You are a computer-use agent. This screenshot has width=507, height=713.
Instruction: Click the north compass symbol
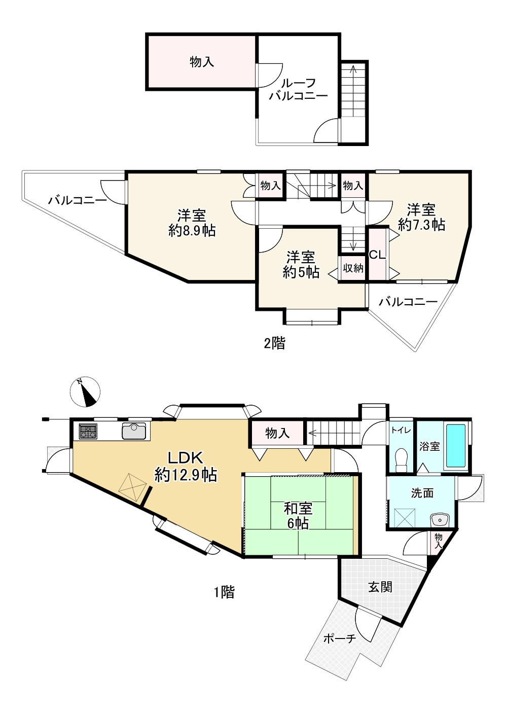tap(85, 392)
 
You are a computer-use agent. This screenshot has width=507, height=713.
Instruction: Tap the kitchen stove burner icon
tap(88, 432)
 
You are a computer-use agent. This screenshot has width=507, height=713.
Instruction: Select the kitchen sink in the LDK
tap(134, 431)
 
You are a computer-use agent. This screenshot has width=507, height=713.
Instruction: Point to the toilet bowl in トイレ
tap(401, 458)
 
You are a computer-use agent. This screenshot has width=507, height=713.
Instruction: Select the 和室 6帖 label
tap(298, 515)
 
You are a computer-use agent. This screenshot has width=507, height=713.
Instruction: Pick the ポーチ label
tap(339, 638)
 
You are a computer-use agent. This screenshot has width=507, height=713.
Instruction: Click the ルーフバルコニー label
tap(298, 89)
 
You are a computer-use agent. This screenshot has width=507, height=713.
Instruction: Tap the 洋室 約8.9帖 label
tap(192, 223)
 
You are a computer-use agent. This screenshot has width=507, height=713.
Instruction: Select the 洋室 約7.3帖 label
tap(422, 217)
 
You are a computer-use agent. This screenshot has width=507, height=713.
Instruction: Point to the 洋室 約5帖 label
tap(301, 264)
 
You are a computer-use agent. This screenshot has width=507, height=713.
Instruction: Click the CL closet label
tap(377, 255)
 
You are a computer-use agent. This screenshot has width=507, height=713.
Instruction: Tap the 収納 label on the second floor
tap(353, 268)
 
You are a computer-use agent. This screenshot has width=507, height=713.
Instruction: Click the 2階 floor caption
tap(274, 343)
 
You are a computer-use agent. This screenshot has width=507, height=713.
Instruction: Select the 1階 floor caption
tap(224, 591)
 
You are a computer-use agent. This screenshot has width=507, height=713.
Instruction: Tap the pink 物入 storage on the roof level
tap(201, 62)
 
